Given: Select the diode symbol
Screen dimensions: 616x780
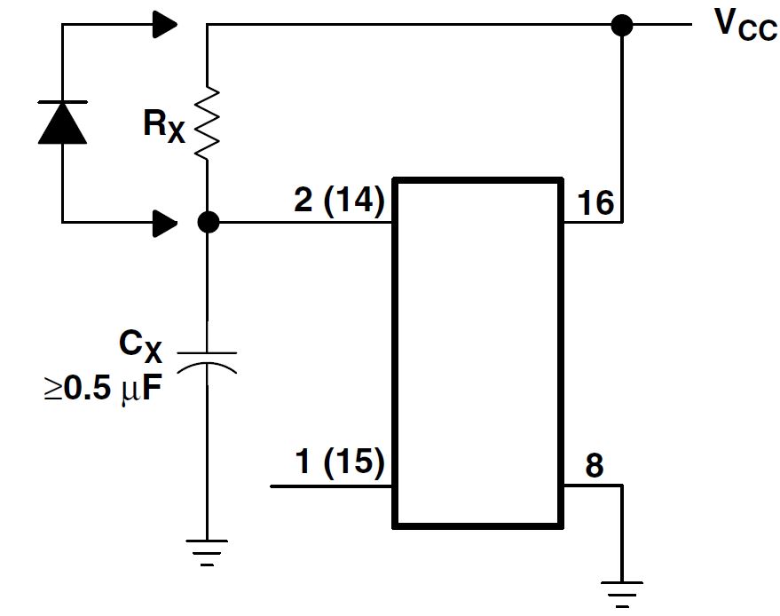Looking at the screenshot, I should pos(63,122).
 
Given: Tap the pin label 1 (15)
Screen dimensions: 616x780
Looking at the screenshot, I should pos(338,462).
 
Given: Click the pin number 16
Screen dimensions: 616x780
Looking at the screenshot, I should pos(595,202).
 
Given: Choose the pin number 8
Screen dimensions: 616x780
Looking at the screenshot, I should pos(595,465).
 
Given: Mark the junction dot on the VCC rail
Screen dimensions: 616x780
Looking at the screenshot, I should pos(622,25).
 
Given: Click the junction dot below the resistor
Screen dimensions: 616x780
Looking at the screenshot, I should pos(208,222).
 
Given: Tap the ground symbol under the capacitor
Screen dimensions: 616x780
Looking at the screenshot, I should pos(208,551).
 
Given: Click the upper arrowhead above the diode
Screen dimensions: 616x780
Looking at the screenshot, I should pos(164,25).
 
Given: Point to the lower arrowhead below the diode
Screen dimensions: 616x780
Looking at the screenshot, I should pos(164,222).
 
